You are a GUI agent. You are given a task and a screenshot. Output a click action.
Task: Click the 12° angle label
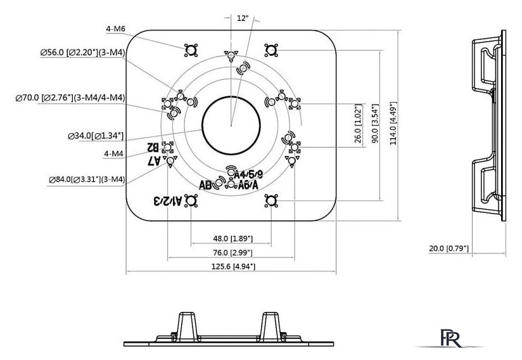[242, 18]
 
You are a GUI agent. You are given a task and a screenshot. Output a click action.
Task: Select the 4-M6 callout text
[116, 29]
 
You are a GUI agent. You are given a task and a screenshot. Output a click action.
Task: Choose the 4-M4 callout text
[114, 153]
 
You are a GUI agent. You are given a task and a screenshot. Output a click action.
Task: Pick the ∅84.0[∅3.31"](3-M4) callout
[86, 180]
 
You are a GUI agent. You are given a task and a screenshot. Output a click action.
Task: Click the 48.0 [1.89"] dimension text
[232, 238]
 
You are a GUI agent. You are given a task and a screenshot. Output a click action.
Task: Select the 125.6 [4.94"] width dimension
[232, 267]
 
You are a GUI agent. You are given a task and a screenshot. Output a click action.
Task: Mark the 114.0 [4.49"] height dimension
[393, 124]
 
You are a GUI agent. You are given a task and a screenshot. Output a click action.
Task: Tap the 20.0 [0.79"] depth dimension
[449, 248]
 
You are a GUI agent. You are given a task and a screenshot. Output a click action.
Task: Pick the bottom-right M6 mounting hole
[271, 200]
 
